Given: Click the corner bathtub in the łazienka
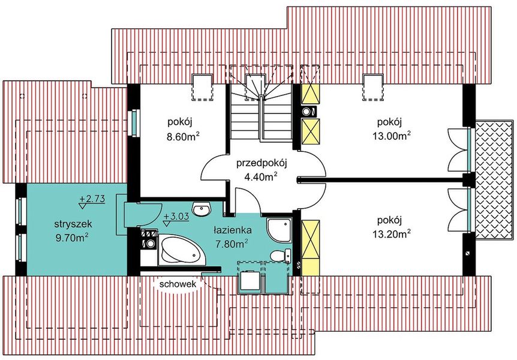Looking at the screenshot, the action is click(182, 250).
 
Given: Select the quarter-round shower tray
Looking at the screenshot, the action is click(278, 230).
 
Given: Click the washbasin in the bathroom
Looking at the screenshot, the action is click(201, 209).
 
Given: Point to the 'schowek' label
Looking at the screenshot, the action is click(178, 284).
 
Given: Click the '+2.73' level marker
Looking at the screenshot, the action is click(92, 199).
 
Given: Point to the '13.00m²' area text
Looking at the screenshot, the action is click(392, 136).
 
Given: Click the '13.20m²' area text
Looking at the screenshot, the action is click(392, 234).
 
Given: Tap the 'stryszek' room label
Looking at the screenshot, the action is click(73, 224).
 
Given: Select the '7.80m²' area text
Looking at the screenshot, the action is click(232, 244).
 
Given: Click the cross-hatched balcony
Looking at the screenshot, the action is click(494, 179).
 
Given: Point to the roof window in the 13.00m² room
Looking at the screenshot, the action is click(374, 87).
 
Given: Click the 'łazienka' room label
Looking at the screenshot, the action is click(233, 230).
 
